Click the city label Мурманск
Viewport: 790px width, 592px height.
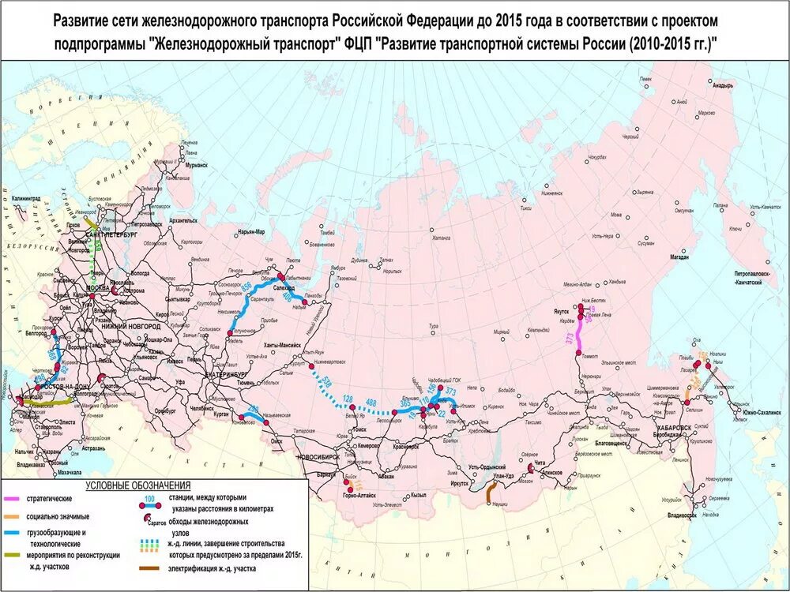[x=196, y=167]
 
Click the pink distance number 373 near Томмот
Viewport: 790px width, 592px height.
[x=570, y=338]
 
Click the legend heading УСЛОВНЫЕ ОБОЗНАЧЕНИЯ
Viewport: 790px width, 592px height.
[x=138, y=485]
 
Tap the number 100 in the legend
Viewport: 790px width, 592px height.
[x=150, y=499]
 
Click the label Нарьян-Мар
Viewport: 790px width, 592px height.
[x=250, y=232]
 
